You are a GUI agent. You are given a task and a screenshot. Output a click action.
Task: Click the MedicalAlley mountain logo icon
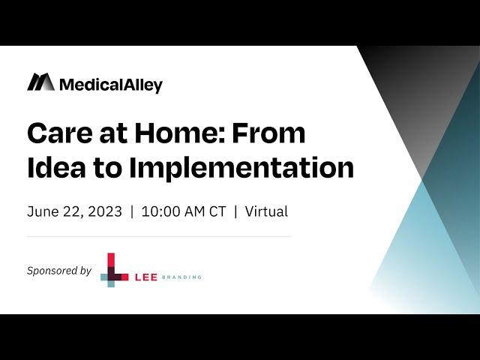click(x=41, y=82)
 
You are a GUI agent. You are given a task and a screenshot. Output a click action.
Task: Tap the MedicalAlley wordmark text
click(x=111, y=85)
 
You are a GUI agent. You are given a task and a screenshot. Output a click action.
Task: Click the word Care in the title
click(x=60, y=133)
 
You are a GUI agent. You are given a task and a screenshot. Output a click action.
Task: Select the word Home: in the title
click(x=180, y=133)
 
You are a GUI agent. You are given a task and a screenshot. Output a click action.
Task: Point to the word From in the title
click(x=268, y=133)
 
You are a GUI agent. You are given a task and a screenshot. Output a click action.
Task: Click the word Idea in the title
click(x=57, y=167)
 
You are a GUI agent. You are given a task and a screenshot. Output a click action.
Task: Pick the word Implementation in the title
click(x=241, y=168)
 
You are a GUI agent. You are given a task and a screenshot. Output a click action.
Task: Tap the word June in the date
click(x=43, y=211)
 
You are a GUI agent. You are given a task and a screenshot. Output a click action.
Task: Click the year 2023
click(x=105, y=211)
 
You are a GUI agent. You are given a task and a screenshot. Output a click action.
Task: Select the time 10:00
click(x=160, y=211)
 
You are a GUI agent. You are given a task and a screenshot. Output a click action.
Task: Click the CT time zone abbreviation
click(x=217, y=211)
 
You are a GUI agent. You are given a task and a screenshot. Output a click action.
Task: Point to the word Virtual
click(x=266, y=211)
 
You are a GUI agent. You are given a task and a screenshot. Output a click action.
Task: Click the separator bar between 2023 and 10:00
click(x=132, y=211)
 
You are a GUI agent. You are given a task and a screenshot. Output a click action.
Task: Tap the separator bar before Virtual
click(x=235, y=211)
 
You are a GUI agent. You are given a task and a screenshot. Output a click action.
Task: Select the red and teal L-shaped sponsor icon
click(x=114, y=270)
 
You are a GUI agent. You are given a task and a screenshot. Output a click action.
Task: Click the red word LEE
click(x=146, y=277)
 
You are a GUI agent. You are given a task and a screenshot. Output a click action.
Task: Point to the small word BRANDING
click(x=181, y=277)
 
